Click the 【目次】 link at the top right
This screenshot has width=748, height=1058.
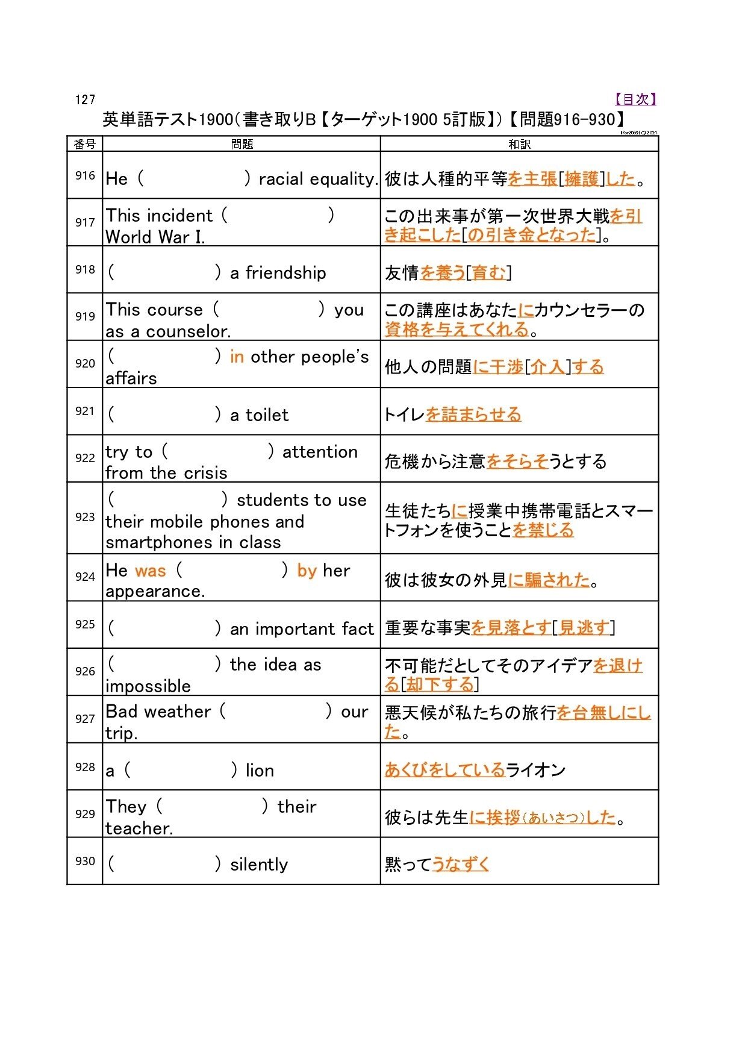coord(635,99)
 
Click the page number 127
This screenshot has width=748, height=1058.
coord(85,100)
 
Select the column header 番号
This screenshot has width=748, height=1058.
coord(84,144)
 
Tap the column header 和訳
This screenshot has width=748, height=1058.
coord(519,144)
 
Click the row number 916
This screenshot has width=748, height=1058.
coord(85,175)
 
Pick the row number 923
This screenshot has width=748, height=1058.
coord(85,517)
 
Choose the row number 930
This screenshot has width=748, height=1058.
coord(85,861)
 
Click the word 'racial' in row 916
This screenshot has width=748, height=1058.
coord(281,179)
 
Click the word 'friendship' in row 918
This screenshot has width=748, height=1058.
coord(285,273)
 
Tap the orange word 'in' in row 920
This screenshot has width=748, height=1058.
coord(237,357)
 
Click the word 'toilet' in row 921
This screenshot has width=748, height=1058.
coord(267,415)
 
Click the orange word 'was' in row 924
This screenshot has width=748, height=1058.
coord(151,571)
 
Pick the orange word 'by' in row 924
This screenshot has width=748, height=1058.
coord(307,571)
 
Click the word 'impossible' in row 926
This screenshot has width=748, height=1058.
coord(148,686)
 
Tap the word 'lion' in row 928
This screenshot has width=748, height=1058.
coord(260,771)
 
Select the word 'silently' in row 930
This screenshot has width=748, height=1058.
coord(259,865)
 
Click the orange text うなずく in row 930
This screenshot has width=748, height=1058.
coord(461,865)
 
